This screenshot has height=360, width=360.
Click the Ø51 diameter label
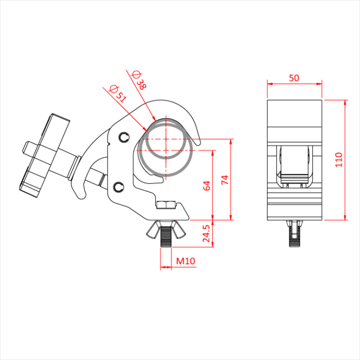118,94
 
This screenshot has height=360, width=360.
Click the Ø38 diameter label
139,80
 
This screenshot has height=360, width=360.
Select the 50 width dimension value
294,78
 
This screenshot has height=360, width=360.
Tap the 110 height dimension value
339,160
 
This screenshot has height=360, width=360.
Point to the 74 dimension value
225,179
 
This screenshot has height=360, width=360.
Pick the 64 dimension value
207,186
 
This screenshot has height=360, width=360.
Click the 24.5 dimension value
206,233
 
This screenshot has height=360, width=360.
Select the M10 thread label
186,261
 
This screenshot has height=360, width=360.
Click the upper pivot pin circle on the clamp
124,137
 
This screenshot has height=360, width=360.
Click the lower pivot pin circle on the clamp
119,187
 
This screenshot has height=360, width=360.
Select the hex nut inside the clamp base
166,205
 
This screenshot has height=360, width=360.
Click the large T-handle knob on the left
45,155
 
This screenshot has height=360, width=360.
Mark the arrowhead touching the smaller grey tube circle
154,118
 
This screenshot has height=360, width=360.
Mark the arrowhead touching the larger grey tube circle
145,129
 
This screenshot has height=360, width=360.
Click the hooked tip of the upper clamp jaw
197,143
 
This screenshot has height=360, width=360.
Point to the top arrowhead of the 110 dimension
345,103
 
